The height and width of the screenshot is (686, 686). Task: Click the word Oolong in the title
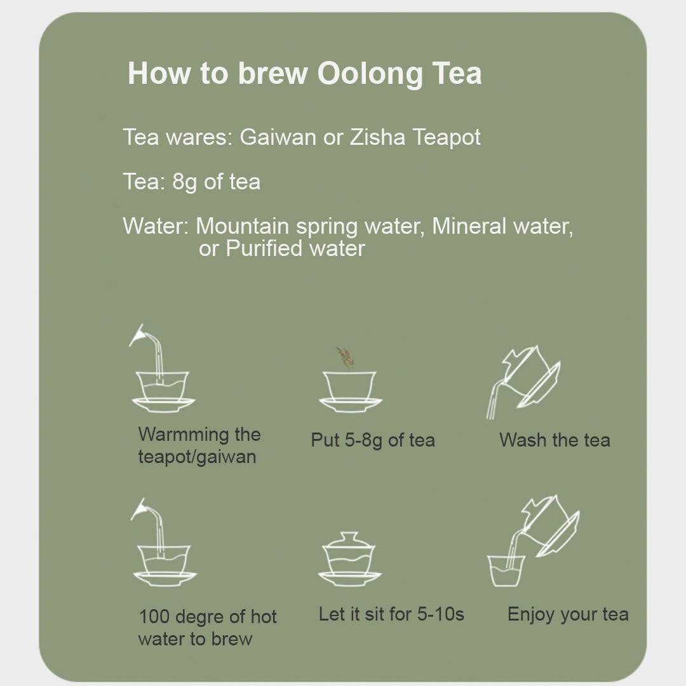[x=370, y=74]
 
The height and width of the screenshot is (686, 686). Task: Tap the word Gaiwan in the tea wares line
[x=278, y=137]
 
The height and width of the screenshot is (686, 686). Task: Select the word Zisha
[x=377, y=137]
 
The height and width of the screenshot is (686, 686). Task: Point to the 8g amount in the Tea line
[x=185, y=182]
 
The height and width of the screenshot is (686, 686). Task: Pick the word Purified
[x=264, y=248]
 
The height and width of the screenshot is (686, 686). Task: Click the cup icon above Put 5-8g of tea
[x=350, y=392]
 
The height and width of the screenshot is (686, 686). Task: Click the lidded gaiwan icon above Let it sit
[x=349, y=560]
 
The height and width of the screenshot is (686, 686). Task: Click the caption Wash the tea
[x=555, y=440]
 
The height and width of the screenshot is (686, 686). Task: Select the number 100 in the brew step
[x=154, y=617]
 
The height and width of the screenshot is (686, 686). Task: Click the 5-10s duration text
[x=440, y=614]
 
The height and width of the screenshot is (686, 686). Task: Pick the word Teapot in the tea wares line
[x=447, y=137]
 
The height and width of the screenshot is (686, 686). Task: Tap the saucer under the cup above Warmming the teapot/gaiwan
[x=164, y=405]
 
